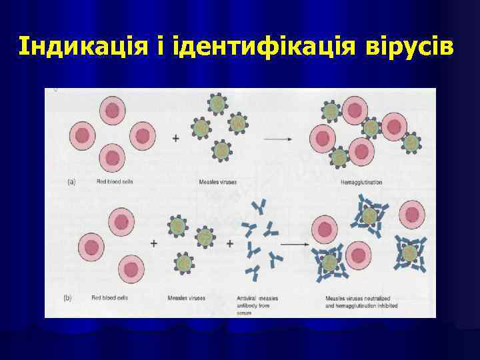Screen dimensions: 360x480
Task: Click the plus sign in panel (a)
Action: tap(176, 139)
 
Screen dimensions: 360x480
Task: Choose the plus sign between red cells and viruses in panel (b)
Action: tap(154, 244)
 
